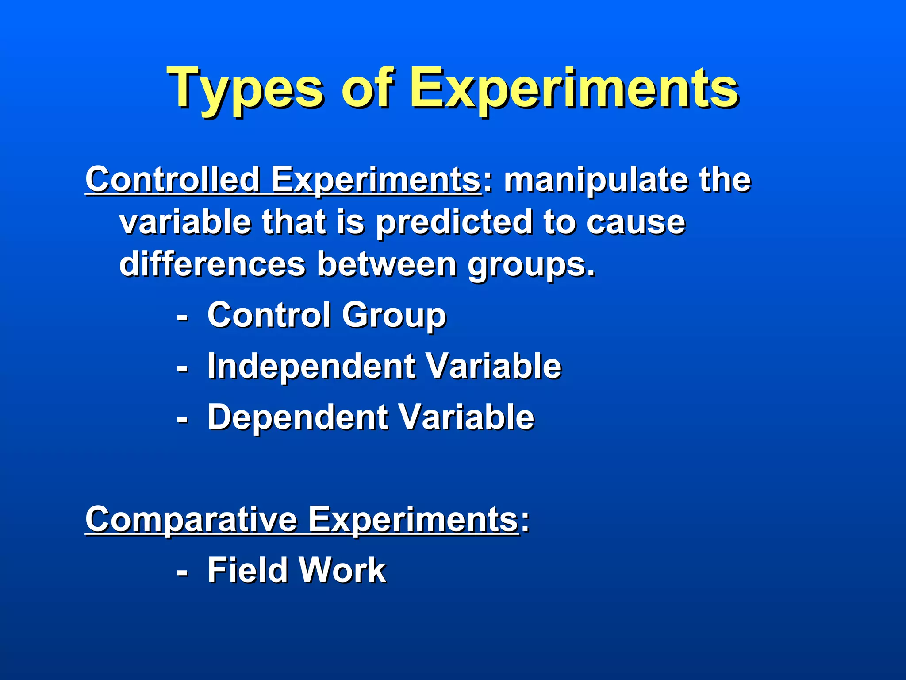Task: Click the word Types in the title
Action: [x=246, y=89]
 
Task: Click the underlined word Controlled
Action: [x=173, y=179]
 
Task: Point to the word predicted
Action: [x=454, y=222]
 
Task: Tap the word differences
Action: [x=212, y=264]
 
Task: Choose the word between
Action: [x=387, y=264]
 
